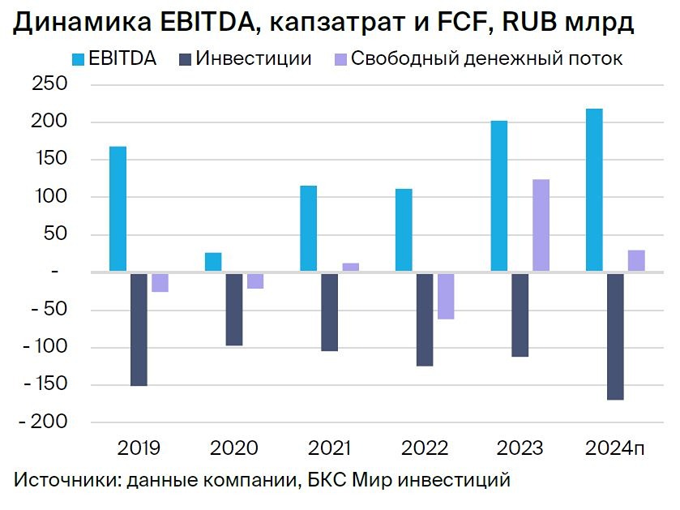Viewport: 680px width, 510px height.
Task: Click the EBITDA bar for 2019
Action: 118,209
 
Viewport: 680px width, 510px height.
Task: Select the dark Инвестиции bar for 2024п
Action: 615,336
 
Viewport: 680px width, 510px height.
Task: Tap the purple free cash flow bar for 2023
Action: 541,225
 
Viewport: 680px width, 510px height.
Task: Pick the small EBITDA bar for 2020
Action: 213,262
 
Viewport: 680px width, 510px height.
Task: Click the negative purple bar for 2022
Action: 446,296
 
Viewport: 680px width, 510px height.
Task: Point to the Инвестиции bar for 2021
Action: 329,312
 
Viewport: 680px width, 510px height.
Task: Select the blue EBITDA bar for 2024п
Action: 594,190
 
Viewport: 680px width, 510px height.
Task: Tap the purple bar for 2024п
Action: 636,260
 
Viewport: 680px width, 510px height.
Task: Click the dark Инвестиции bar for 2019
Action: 139,329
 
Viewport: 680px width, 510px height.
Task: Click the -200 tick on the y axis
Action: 47,422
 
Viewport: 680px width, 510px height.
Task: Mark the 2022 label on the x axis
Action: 425,448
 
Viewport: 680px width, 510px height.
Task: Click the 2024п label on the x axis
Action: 615,448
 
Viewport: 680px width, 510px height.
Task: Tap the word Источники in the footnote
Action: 61,480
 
